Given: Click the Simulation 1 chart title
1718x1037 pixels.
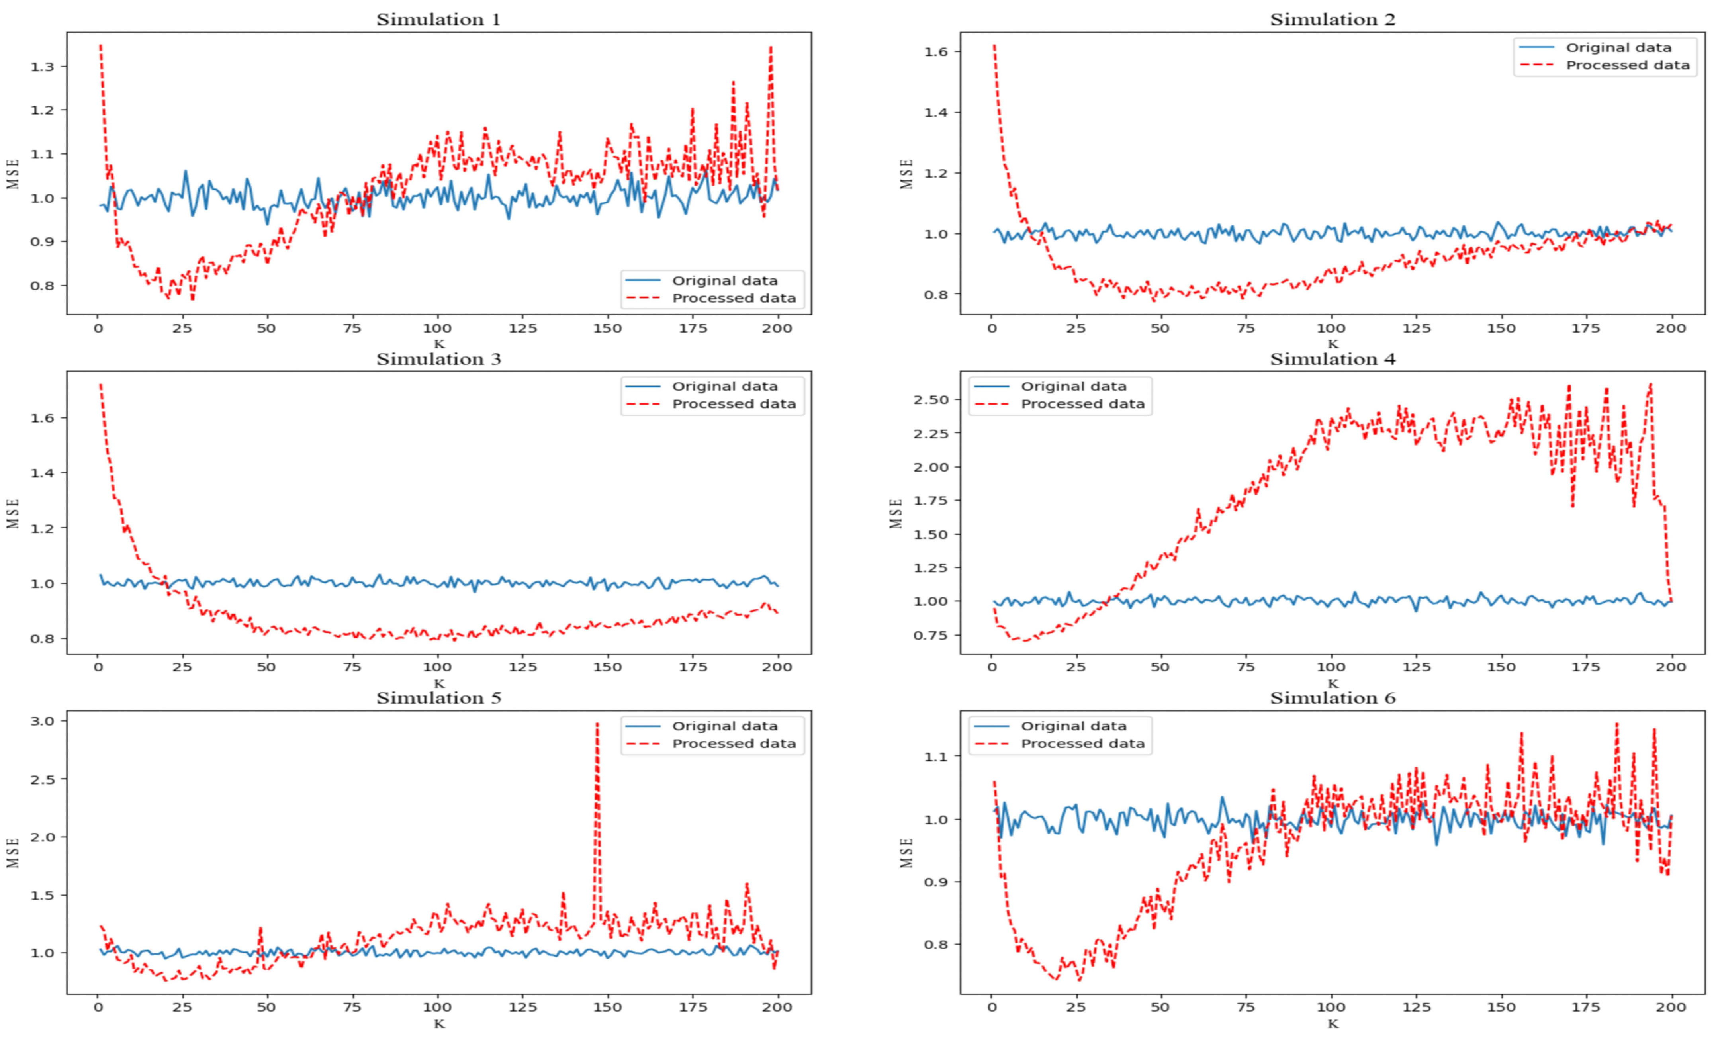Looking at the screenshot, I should click(438, 20).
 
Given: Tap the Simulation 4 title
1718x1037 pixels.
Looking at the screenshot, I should click(1333, 359).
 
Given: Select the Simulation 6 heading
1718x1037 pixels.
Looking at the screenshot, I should click(1333, 698).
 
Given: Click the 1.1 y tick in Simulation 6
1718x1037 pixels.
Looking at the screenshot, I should click(938, 756).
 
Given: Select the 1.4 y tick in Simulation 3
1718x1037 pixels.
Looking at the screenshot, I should click(43, 473).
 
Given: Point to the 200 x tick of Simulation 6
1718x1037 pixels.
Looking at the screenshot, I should click(1671, 1007).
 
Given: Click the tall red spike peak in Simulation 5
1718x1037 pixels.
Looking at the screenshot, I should click(597, 724).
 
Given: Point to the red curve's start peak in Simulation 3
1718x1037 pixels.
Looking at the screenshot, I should click(101, 385).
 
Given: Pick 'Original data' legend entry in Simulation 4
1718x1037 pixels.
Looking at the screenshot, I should click(1073, 386).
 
